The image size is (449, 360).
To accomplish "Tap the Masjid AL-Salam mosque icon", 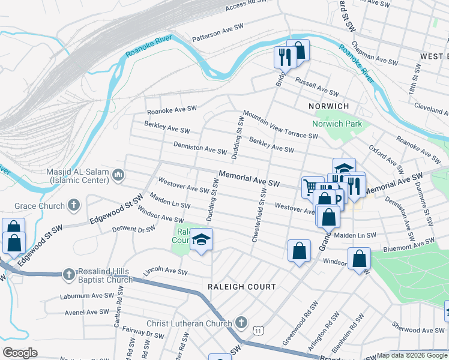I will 118,175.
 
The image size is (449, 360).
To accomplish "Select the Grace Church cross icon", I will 74,206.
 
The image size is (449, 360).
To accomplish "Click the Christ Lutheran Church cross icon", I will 241,323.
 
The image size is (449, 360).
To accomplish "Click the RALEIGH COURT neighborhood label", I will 241,287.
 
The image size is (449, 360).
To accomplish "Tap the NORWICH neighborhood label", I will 328,106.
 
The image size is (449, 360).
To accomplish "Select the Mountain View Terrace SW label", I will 280,124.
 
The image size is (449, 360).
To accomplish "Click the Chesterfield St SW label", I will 259,214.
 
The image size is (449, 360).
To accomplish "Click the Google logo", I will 20,353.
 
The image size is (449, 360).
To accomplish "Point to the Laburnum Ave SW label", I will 86,296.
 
